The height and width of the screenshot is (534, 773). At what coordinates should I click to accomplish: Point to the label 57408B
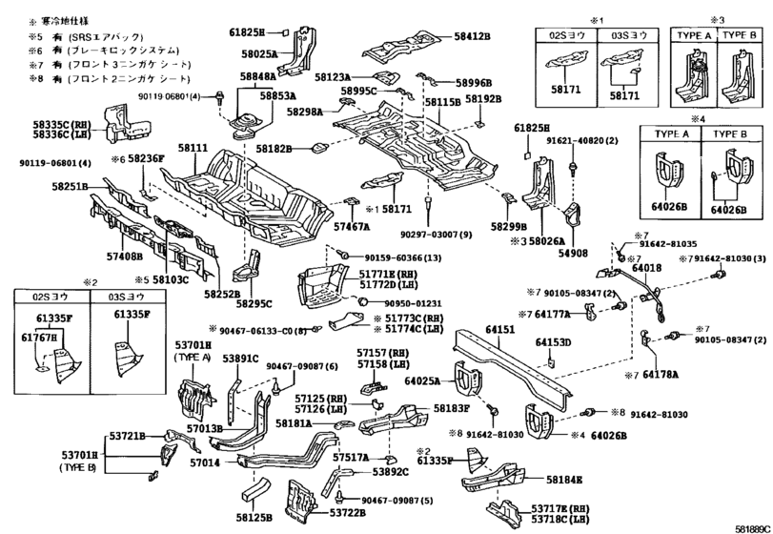pos(125,255)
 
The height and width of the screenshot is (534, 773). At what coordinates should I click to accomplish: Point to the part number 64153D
pos(552,341)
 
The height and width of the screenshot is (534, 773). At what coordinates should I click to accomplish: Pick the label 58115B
pos(443,100)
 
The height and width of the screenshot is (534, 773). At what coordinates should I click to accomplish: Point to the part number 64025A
pos(421,381)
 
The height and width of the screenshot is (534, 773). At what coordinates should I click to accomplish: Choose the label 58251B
pos(70,187)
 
